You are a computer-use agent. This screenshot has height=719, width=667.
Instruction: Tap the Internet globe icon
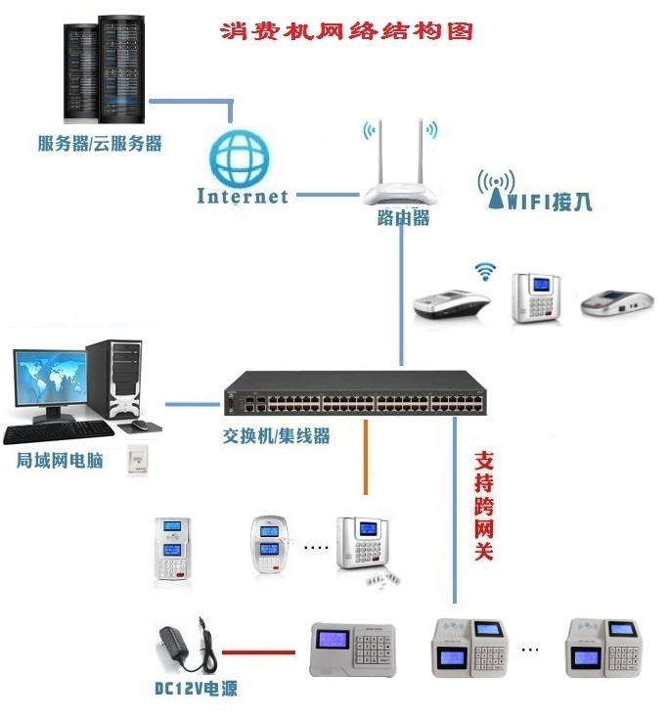241,157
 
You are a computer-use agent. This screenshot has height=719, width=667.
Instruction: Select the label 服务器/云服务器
99,144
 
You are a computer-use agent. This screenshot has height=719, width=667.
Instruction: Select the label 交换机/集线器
276,436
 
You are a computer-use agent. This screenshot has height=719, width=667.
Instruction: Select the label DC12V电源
196,689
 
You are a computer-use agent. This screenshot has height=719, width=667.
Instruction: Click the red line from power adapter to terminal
259,650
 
